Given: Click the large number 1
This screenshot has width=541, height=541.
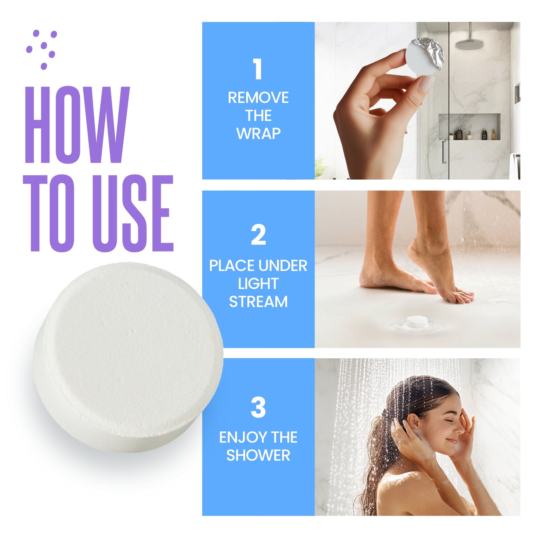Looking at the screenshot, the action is (258, 69).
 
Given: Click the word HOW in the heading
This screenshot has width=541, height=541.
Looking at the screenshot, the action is (77, 125).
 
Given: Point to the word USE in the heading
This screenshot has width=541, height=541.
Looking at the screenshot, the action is (133, 213).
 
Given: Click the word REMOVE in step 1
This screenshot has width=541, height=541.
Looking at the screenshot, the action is (258, 98).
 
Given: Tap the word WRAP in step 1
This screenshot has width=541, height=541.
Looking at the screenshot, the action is (258, 134).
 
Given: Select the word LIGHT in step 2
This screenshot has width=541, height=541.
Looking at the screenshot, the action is (258, 283).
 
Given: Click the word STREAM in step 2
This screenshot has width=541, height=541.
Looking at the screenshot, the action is (258, 302).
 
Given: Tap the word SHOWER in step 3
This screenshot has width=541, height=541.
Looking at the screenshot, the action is (258, 455).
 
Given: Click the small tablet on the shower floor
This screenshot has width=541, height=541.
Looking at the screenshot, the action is (417, 322).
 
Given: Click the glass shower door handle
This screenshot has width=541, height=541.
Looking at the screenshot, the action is (443, 152).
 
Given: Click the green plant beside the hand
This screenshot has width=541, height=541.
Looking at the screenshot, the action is (321, 168).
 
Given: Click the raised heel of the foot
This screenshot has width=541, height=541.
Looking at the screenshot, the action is (415, 247).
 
